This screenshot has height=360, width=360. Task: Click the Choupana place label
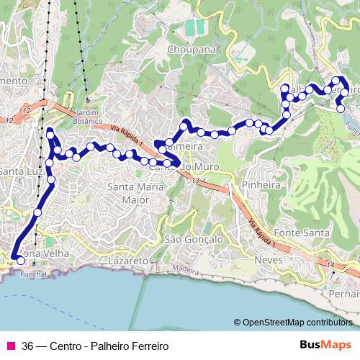coord(192,50)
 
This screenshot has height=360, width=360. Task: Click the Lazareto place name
coord(127,259)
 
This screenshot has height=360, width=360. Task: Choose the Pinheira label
coord(261,184)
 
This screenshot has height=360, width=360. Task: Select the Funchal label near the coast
coord(32,274)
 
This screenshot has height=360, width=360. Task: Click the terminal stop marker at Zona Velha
coord(19,261)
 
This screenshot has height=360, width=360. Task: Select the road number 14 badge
coord(330,266)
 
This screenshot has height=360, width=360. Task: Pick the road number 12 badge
coord(26,110)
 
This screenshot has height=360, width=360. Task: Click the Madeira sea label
coord(185,269)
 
